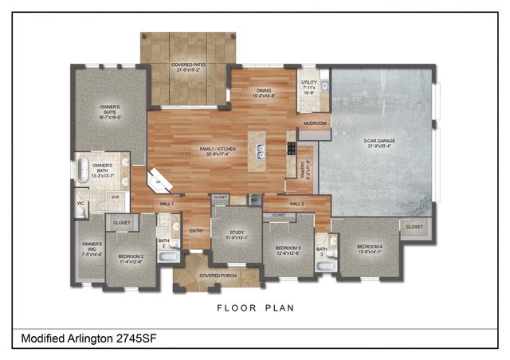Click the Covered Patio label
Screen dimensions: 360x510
[x=189, y=67]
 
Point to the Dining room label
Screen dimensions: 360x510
[x=264, y=93]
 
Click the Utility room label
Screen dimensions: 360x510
[x=309, y=88]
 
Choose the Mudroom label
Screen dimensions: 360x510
[x=315, y=123]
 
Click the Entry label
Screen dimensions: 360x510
[x=197, y=231]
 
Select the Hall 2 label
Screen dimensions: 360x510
[x=296, y=204]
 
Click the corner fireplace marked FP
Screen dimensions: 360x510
[x=159, y=180]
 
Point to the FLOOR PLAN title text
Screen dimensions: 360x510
[x=255, y=307]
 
